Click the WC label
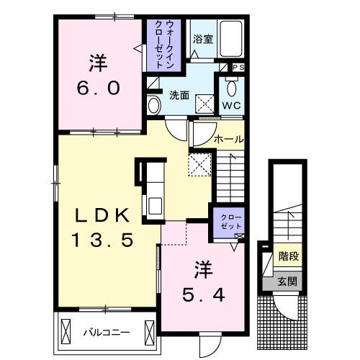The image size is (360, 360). pos(231,105)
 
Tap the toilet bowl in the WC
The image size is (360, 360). pos(232,88)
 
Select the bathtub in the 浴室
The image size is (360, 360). pos(231,39)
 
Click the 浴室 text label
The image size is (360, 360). pos(203,39)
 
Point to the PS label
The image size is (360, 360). pos(239,68)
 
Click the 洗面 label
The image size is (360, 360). pos(179,95)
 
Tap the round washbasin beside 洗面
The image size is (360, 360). pos(154,106)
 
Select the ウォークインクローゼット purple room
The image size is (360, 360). pos(164,45)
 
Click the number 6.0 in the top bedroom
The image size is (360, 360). pos(99,88)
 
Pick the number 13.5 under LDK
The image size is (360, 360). pos(102,240)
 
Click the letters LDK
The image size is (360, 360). pos(103,215)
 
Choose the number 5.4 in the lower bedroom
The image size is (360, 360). pos(204,295)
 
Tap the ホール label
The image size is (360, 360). pos(229,139)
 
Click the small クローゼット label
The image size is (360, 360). pos(231,222)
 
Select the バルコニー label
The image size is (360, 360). pos(107,333)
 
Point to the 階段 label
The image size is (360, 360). pos(289,256)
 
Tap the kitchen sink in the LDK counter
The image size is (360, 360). pos(156,205)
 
